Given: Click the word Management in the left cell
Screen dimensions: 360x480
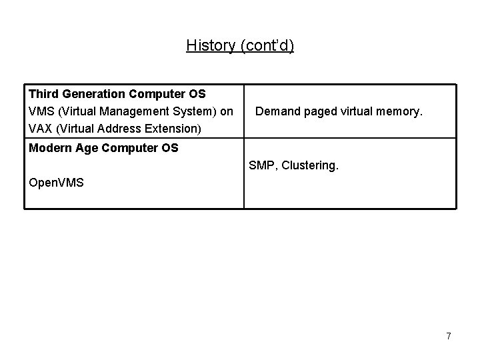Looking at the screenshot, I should pos(98,111).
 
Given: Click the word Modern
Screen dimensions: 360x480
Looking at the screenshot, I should pos(49,148).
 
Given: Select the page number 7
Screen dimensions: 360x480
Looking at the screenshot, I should pos(449,336).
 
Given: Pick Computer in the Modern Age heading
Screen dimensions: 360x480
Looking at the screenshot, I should pos(131,148).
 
